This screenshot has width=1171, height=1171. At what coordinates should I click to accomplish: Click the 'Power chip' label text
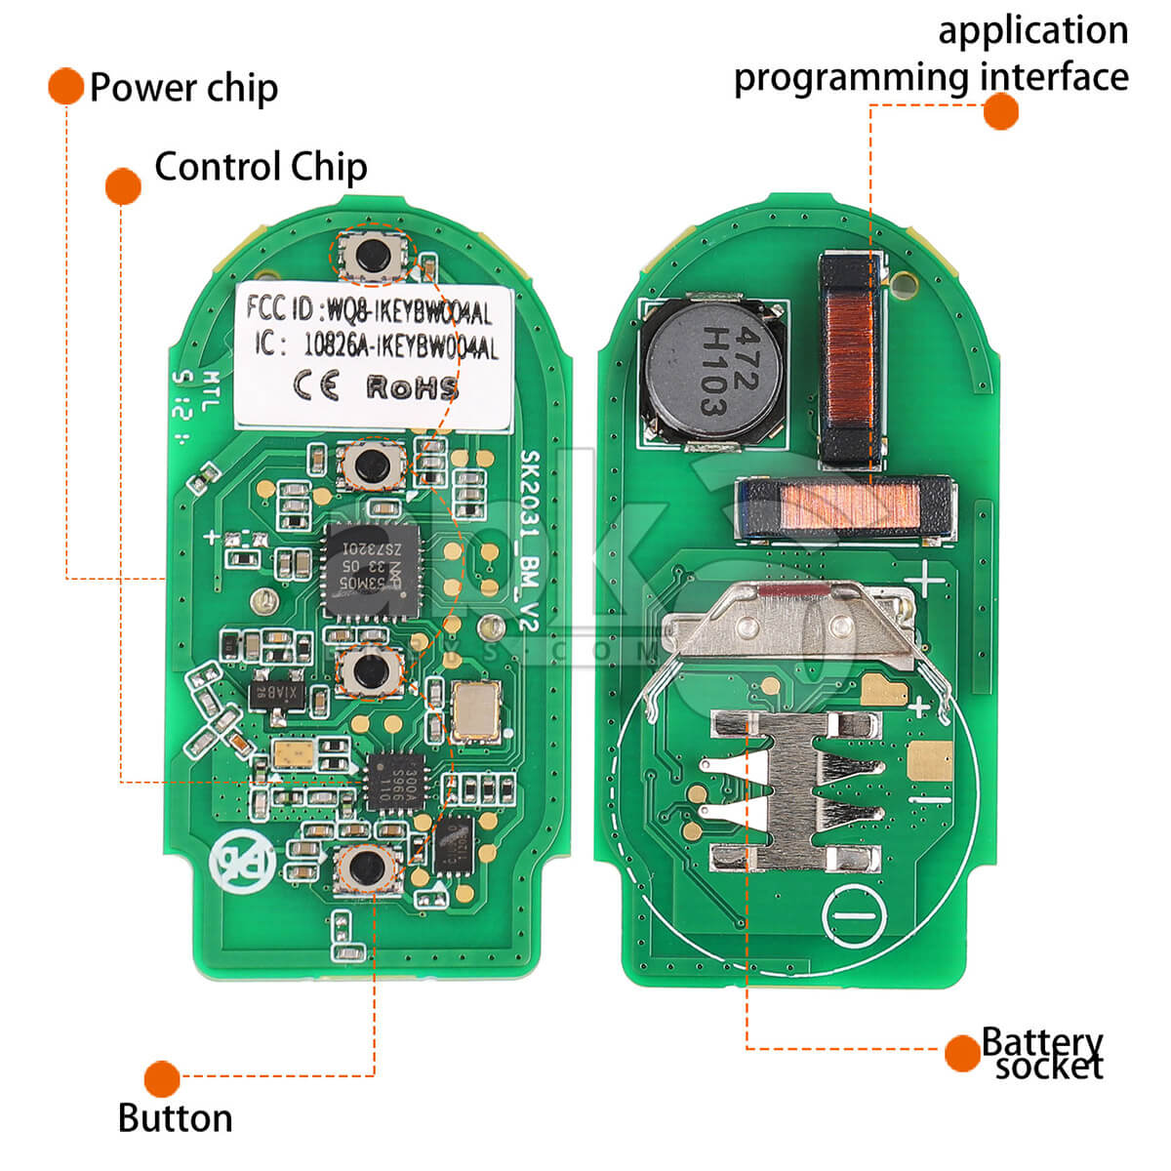coord(183,88)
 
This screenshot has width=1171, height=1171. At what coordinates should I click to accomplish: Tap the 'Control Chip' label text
coord(261,167)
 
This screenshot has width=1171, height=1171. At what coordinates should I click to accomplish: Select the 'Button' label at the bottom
coord(176,1118)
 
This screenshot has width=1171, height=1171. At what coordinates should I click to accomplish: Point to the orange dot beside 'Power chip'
coord(65,86)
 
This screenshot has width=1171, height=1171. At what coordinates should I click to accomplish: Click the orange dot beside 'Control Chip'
coord(123,185)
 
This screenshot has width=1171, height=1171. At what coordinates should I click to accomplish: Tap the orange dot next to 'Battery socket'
coord(962,1053)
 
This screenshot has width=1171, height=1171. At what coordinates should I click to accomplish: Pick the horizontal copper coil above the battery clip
coord(845,508)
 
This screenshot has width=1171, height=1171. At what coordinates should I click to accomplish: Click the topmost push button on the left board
coord(371,256)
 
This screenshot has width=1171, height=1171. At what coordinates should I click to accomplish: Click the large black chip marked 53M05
coord(371,569)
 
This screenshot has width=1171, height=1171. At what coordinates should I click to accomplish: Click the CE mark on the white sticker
coord(317,386)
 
